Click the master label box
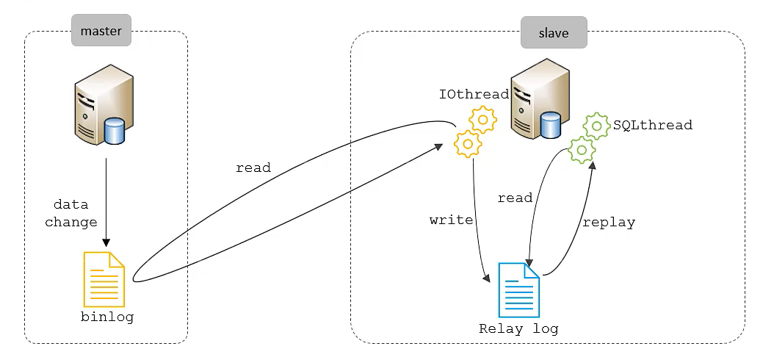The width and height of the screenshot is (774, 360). (101, 32)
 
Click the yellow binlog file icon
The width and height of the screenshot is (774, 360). (104, 279)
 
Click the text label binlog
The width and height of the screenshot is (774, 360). (107, 317)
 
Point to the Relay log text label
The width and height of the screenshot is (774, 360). (518, 328)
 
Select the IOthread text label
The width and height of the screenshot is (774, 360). (474, 94)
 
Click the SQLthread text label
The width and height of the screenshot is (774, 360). (653, 125)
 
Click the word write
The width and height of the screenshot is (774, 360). (451, 220)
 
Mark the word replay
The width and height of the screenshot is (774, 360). (608, 222)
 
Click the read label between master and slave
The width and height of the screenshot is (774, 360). (253, 168)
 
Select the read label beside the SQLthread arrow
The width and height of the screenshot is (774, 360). (515, 198)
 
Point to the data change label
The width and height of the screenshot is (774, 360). (71, 213)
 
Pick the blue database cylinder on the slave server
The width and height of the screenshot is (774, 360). (551, 125)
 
